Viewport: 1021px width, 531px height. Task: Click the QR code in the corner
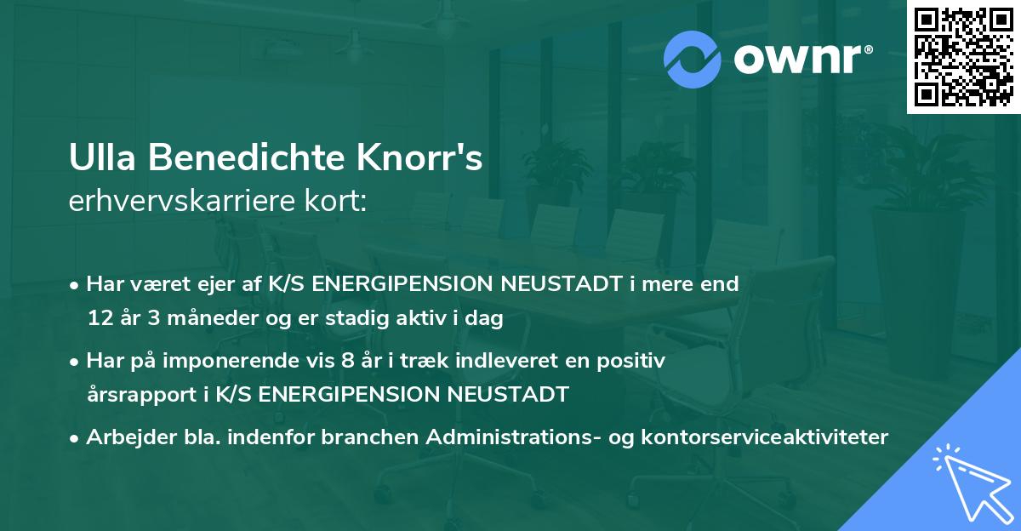point(964,56)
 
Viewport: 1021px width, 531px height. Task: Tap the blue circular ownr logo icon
point(693,59)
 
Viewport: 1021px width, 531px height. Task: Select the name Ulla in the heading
point(98,159)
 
